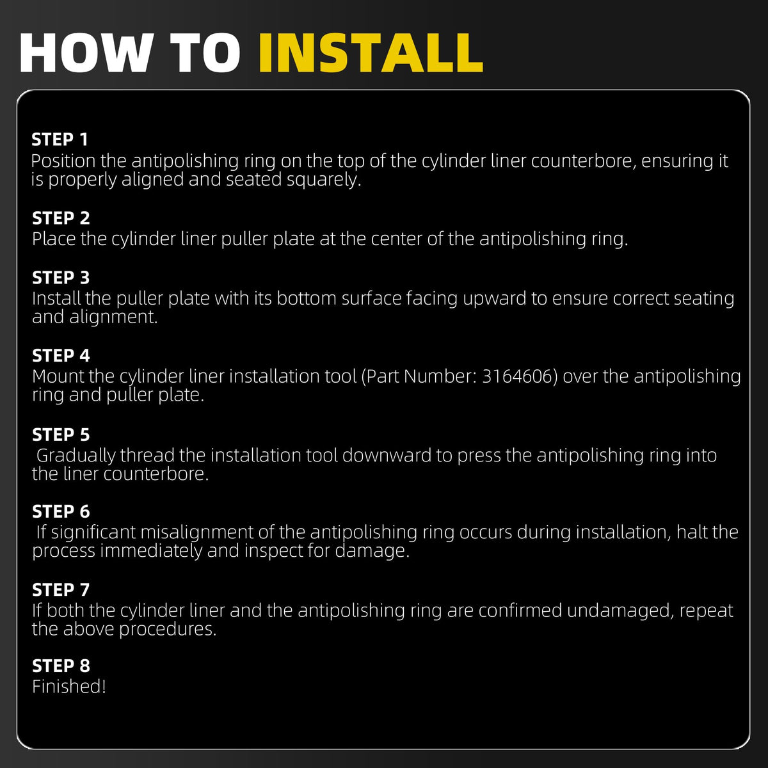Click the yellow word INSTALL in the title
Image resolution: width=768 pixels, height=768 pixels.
click(x=371, y=53)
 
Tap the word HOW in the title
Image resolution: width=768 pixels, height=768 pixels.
click(x=86, y=53)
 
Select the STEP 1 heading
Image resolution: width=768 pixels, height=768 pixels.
click(x=60, y=140)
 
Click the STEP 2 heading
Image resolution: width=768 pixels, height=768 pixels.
click(x=61, y=218)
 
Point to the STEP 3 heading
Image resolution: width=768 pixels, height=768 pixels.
click(x=61, y=278)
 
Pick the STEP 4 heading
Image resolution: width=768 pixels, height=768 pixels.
click(x=61, y=355)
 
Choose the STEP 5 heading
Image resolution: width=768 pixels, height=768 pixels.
click(x=61, y=435)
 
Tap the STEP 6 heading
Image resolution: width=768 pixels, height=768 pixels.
click(x=61, y=511)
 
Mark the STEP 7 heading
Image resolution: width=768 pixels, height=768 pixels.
click(x=61, y=589)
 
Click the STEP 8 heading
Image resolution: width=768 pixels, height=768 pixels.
click(x=61, y=666)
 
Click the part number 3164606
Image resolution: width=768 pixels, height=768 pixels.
click(x=520, y=376)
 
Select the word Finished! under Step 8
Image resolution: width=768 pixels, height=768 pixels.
click(x=69, y=686)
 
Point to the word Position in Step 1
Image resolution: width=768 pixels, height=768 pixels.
click(x=63, y=161)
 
